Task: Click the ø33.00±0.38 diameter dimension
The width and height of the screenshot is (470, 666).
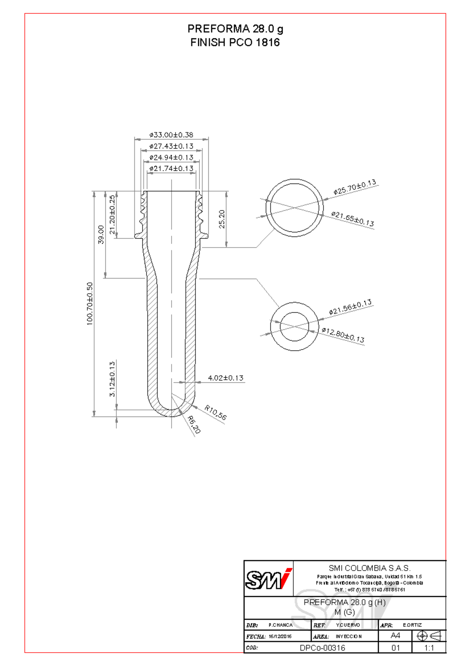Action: click(171, 135)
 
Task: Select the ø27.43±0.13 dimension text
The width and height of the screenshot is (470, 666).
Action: click(171, 146)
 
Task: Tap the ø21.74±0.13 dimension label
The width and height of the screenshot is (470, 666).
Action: click(171, 168)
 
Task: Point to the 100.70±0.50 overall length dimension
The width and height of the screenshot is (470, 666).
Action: click(90, 304)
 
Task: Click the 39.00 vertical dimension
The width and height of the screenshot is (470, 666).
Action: click(101, 234)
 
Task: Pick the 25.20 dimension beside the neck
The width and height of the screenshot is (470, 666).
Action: click(222, 219)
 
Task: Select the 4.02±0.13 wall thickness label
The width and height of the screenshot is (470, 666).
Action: click(226, 378)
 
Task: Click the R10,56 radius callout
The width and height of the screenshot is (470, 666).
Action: click(215, 413)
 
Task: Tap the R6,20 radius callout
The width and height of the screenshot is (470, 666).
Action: click(194, 425)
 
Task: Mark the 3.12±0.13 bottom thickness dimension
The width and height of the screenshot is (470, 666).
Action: click(112, 379)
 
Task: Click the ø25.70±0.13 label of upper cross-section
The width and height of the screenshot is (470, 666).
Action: click(355, 187)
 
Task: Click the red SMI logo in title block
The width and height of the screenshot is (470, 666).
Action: click(269, 579)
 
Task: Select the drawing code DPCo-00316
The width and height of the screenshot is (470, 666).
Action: click(322, 648)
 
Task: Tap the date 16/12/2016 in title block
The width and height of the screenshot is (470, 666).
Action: click(280, 636)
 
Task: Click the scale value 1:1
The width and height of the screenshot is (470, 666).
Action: click(429, 648)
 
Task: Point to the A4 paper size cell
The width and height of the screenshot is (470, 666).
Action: click(396, 635)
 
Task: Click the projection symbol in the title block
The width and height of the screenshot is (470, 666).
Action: click(429, 636)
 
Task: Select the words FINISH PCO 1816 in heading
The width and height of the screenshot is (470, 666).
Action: click(235, 42)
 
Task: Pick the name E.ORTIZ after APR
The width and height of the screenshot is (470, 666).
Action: click(412, 625)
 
